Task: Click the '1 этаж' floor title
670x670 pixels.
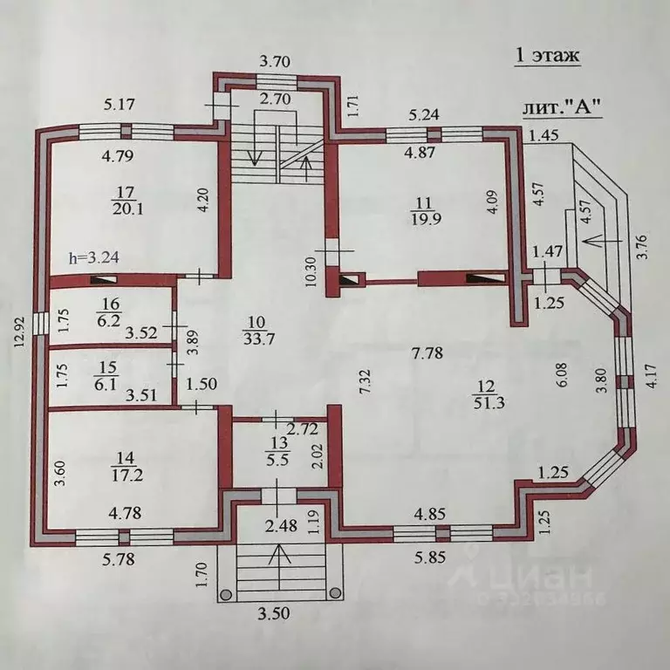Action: [548, 56]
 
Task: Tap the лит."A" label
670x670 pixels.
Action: [563, 106]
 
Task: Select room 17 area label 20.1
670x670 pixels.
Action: [124, 201]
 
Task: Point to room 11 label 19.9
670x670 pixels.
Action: [424, 210]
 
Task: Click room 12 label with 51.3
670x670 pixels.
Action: [489, 395]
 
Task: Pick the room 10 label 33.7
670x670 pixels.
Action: [259, 331]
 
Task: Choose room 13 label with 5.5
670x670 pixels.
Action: [278, 452]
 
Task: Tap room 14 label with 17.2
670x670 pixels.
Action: [126, 467]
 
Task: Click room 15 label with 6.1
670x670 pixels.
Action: [105, 376]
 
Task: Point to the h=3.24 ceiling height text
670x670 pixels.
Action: [93, 258]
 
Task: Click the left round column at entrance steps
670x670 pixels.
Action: [226, 594]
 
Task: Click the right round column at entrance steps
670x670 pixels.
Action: [335, 592]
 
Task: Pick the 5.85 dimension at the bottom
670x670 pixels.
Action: [430, 557]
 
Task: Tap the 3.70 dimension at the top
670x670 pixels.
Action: [275, 62]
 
